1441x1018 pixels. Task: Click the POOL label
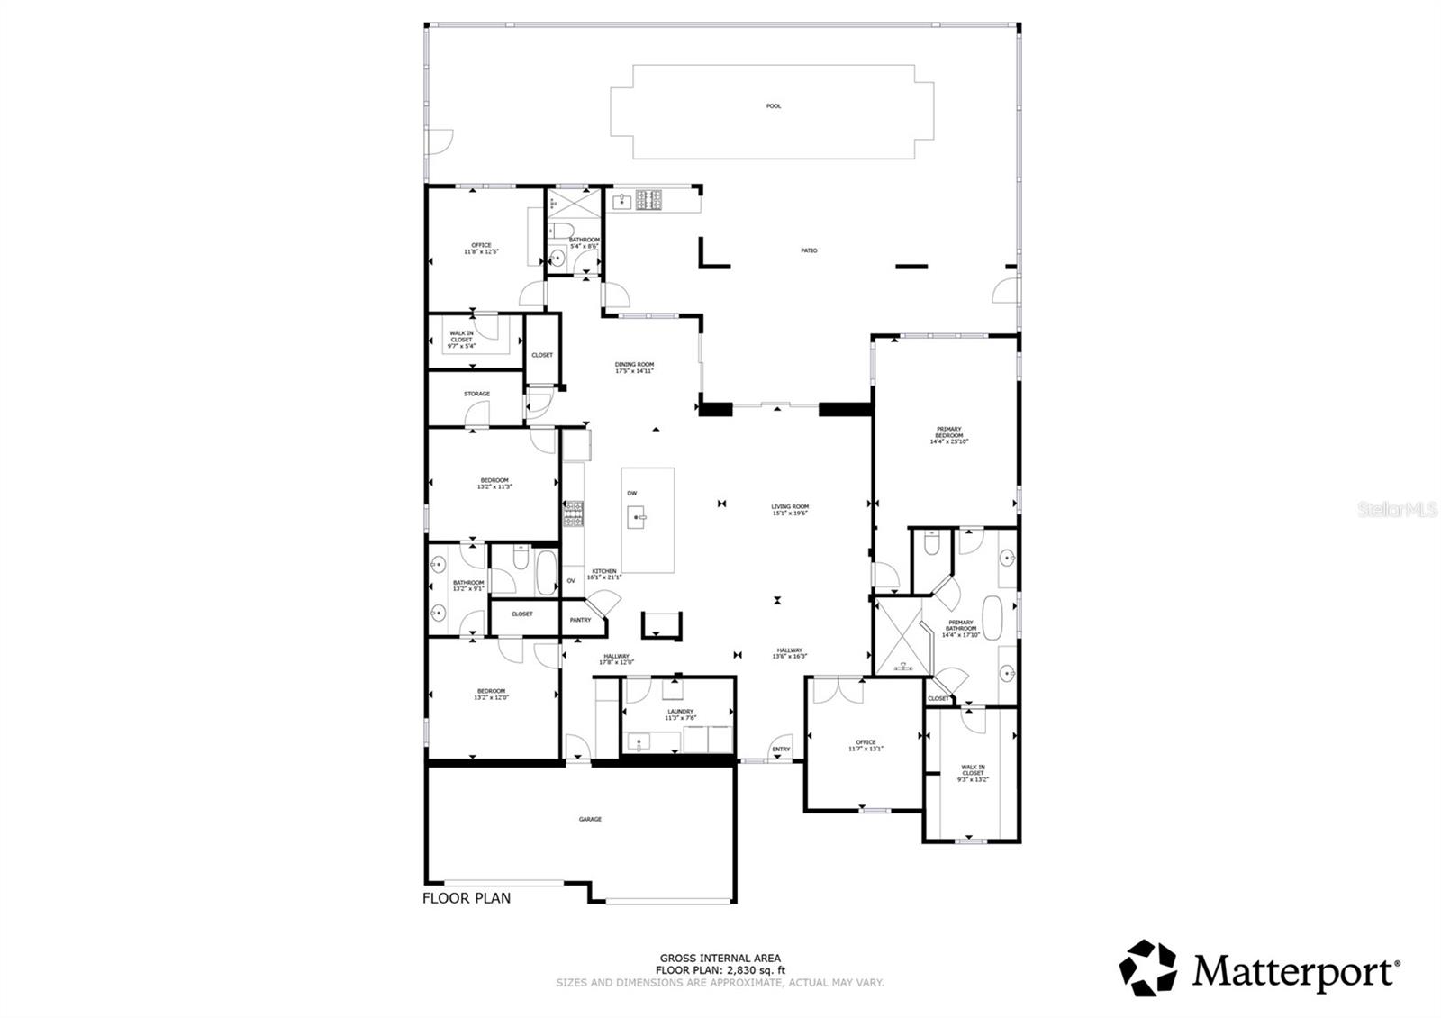tap(773, 106)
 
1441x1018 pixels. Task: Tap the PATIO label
tap(809, 250)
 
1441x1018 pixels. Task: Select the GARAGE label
tap(590, 819)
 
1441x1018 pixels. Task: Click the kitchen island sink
tap(638, 518)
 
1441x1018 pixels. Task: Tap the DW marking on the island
tap(632, 493)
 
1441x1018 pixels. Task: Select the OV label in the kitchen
tap(571, 581)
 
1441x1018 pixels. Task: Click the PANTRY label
tap(581, 620)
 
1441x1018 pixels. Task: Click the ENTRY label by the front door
tap(781, 750)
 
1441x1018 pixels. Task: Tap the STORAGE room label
tap(476, 394)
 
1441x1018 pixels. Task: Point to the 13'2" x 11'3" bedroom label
tap(494, 483)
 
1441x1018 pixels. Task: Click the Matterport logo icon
tap(1148, 968)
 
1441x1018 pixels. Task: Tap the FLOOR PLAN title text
tap(467, 898)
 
